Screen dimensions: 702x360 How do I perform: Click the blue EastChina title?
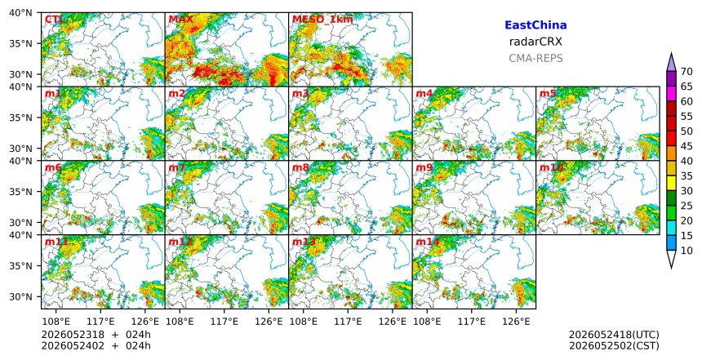[x=535, y=25]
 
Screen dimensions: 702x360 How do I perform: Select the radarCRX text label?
[x=535, y=42]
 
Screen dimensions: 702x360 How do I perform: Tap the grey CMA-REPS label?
[x=535, y=58]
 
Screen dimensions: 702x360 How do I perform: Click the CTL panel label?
[x=54, y=20]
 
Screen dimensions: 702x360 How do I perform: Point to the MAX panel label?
[x=180, y=20]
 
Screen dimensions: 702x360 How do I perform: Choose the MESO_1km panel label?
[x=322, y=20]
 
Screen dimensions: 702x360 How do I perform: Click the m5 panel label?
[x=548, y=94]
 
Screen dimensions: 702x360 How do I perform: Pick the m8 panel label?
[x=300, y=168]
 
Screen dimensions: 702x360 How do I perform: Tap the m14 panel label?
[x=427, y=242]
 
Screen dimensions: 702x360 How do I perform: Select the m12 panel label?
[x=180, y=242]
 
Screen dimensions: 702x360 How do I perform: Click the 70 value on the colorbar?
[x=686, y=72]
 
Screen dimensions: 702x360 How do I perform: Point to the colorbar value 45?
[x=686, y=146]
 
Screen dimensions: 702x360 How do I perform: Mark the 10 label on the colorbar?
[x=686, y=251]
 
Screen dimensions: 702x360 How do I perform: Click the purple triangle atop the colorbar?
[x=671, y=63]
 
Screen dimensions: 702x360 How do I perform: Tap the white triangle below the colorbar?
[x=671, y=259]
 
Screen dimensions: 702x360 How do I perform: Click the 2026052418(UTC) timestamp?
[x=614, y=335]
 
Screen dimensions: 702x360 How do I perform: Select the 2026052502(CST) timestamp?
[x=614, y=345]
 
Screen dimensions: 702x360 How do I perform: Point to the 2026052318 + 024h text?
[x=96, y=335]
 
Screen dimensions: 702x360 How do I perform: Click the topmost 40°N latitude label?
[x=20, y=12]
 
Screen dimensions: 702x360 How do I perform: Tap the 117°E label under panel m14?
[x=472, y=322]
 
